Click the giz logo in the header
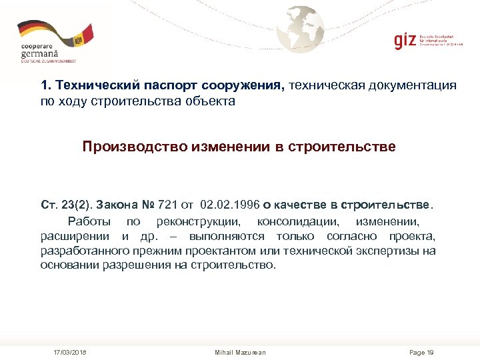405,40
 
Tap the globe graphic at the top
301,29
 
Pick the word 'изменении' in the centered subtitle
228,146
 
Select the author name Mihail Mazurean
240,352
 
